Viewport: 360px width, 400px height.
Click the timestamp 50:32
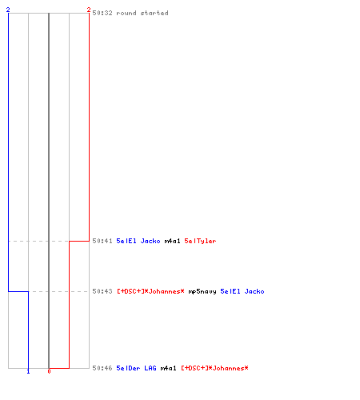(x=102, y=13)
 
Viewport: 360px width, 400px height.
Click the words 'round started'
(x=142, y=13)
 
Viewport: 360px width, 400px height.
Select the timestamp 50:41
(x=102, y=241)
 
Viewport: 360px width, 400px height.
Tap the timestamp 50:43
(x=102, y=291)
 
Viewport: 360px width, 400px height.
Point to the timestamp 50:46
(x=102, y=368)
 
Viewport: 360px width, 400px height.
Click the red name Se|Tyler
(x=200, y=241)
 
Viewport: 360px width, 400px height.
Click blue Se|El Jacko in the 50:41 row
(x=138, y=241)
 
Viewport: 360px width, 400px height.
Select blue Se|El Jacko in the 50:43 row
(x=242, y=291)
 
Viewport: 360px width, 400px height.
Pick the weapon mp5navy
(x=202, y=292)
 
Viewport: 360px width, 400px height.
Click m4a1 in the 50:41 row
(x=172, y=241)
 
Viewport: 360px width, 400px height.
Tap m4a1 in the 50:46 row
(x=168, y=368)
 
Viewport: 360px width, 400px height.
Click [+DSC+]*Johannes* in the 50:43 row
(x=150, y=291)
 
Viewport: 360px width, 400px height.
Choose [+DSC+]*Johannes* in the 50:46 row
(x=214, y=368)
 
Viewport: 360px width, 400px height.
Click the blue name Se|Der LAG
(x=136, y=368)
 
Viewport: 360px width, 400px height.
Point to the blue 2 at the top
(x=8, y=10)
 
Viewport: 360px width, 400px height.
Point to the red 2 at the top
(x=89, y=10)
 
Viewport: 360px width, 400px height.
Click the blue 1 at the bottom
(x=28, y=371)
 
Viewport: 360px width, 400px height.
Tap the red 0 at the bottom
(x=49, y=371)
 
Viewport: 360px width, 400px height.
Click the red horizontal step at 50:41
(x=79, y=241)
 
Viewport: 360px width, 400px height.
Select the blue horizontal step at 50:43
(x=18, y=291)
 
